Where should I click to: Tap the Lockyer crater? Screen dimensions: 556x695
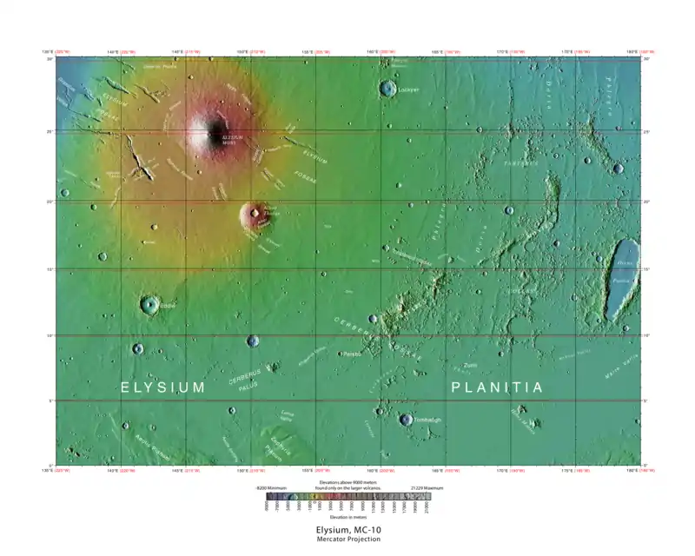387,88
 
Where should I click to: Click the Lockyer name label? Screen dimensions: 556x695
408,89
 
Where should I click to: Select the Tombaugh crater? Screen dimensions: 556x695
406,420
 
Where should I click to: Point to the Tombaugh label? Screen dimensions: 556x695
427,420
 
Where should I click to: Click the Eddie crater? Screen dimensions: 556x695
149,304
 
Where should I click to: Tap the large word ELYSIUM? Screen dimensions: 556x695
162,387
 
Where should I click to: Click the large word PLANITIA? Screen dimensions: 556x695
497,387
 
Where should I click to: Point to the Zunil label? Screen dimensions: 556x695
470,365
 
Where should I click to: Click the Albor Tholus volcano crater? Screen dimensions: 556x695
255,213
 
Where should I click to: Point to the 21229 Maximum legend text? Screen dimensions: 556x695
423,488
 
